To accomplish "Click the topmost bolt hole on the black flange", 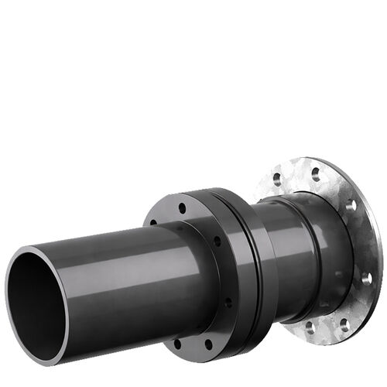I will coord(182,207).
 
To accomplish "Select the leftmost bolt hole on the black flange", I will coord(152,223).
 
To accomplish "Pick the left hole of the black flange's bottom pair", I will coord(178,341).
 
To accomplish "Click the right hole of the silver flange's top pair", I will coord(315,170).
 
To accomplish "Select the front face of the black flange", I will coord(193,325).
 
